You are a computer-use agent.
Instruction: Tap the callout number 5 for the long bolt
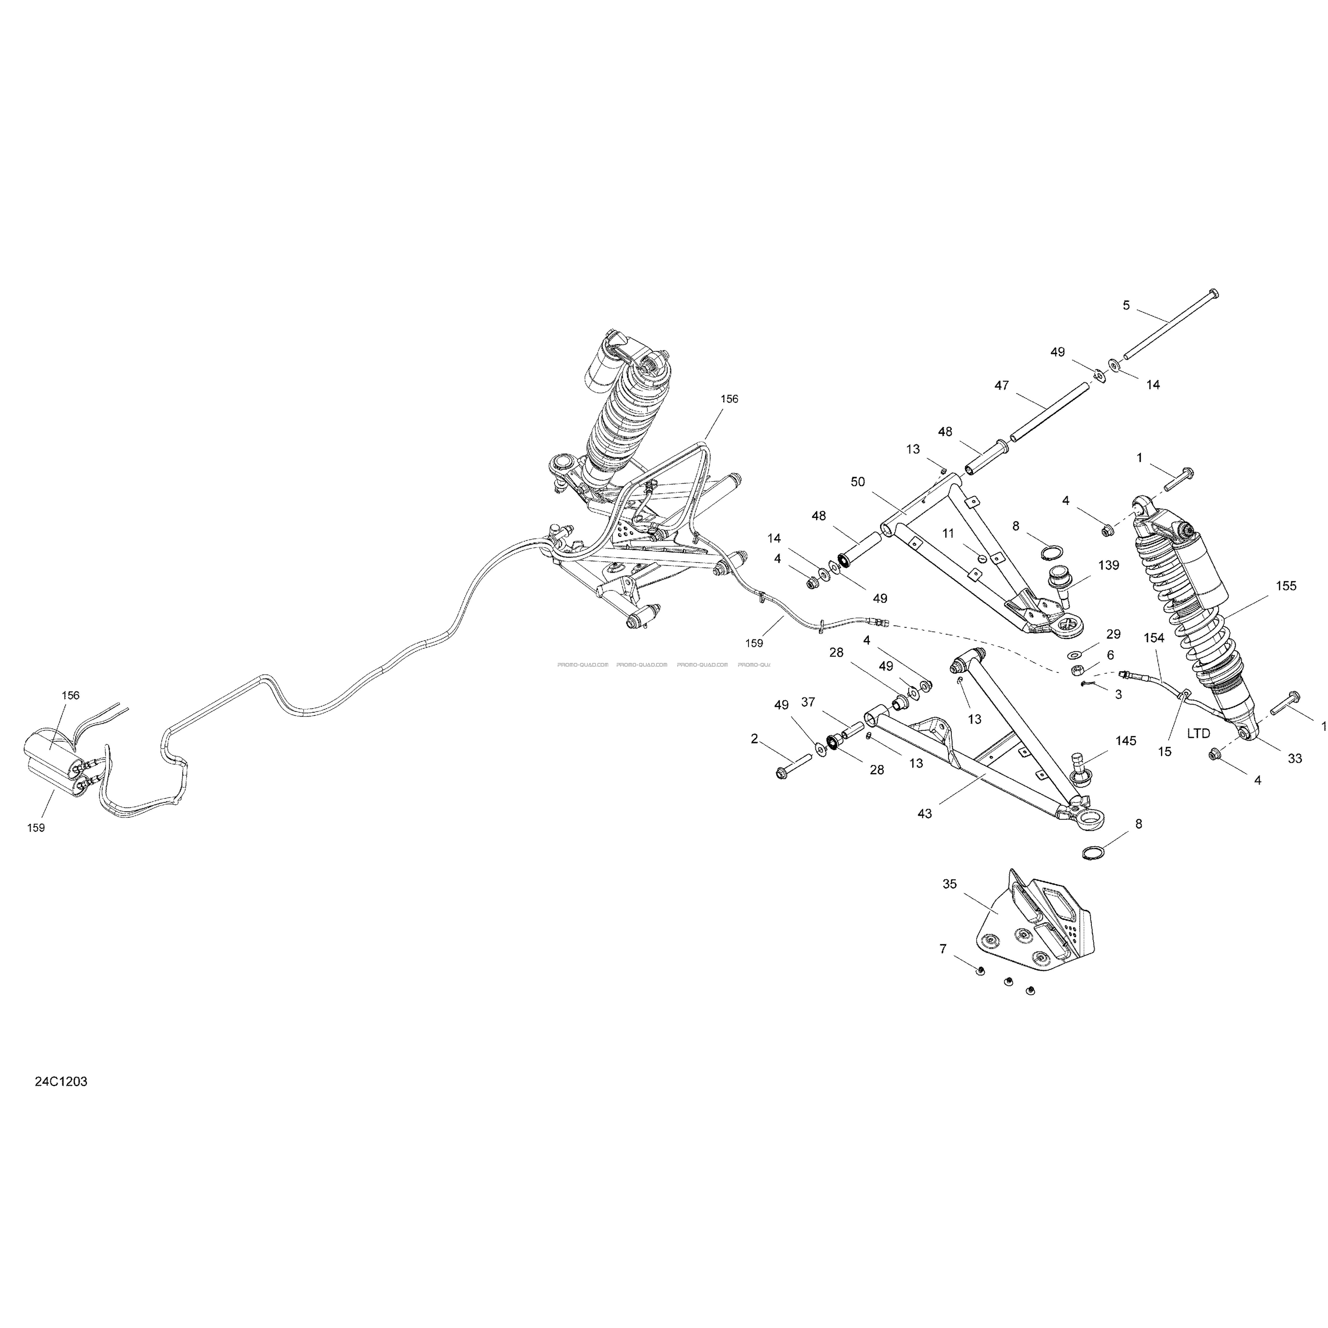tap(1126, 305)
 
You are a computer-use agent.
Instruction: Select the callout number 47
tap(1002, 386)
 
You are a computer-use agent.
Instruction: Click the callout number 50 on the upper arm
tap(858, 482)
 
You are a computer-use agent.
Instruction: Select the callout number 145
tap(1126, 741)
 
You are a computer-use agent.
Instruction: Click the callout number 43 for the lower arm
tap(925, 813)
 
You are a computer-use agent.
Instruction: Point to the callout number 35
tap(949, 884)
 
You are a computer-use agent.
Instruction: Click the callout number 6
tap(1110, 655)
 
